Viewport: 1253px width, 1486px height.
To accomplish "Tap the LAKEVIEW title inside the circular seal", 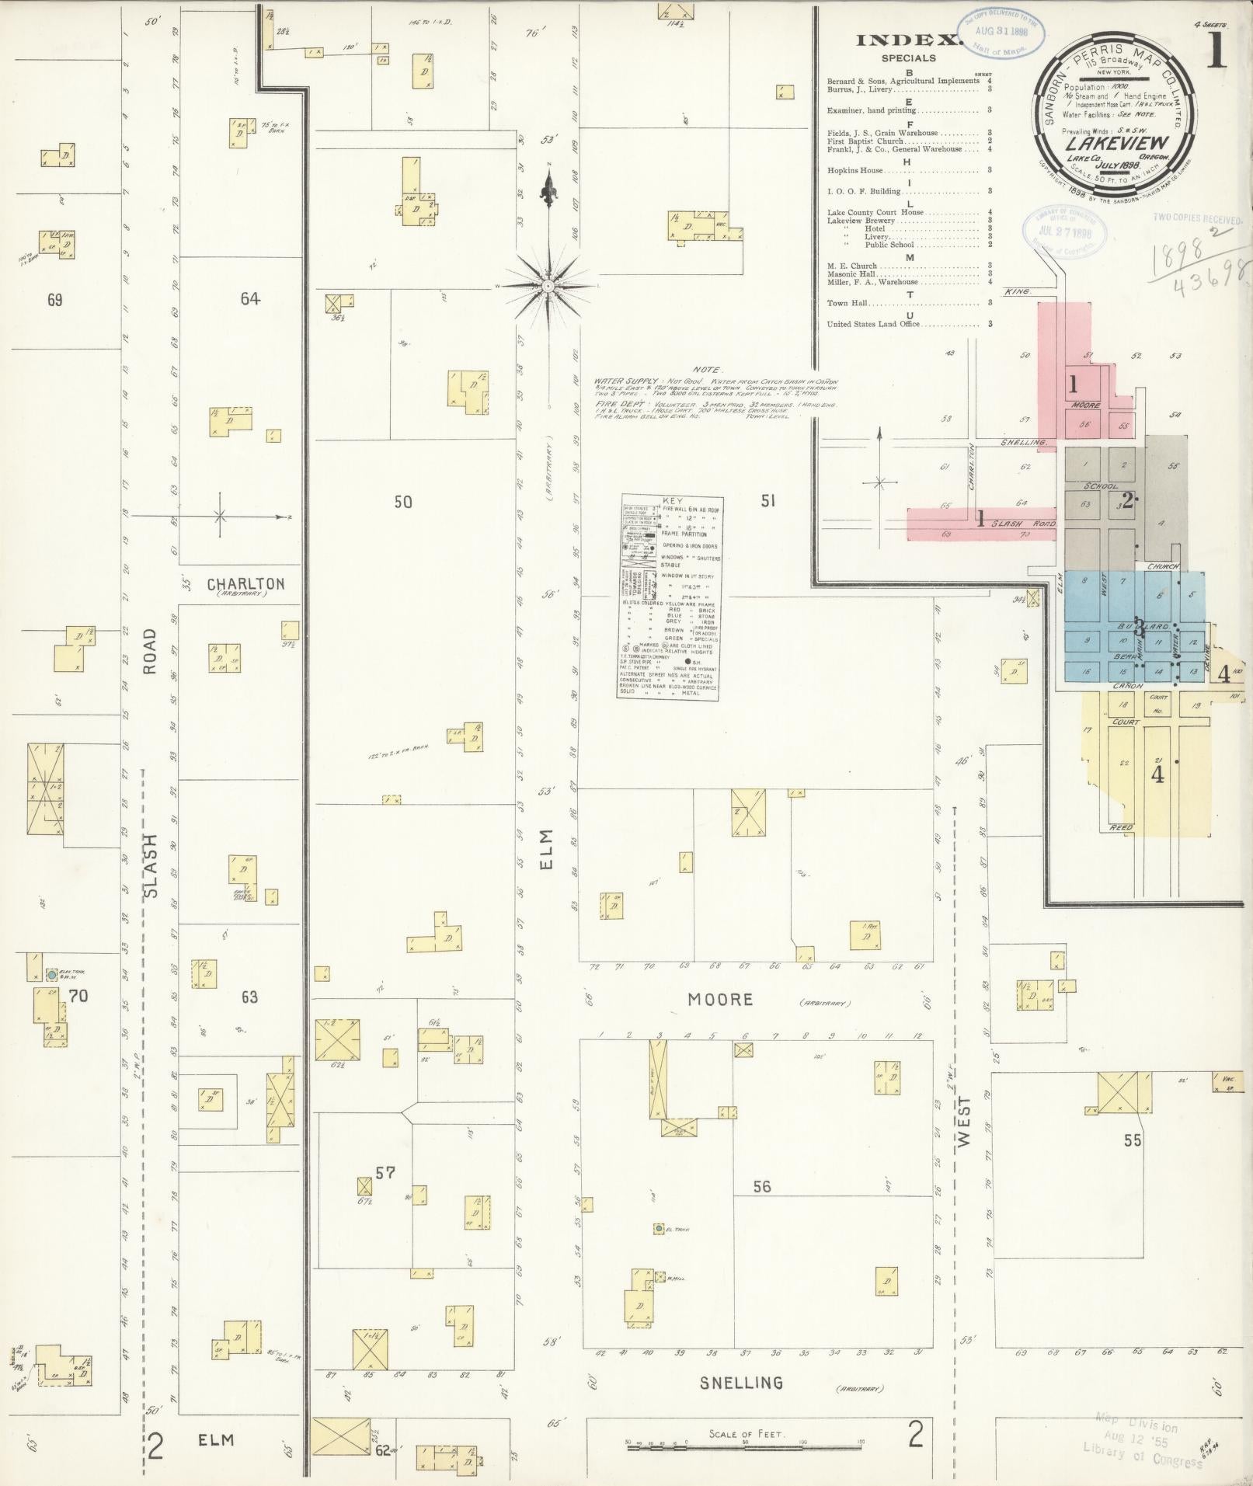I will [x=1112, y=143].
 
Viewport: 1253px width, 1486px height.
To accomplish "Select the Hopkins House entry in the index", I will [x=854, y=170].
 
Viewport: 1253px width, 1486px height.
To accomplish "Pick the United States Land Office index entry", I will [x=873, y=325].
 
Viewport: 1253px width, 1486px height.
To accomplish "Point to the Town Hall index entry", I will [x=848, y=304].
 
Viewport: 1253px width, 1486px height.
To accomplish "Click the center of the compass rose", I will [x=548, y=286].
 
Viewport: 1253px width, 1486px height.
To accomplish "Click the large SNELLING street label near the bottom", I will [x=741, y=1383].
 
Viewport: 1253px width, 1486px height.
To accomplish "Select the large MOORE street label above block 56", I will [x=720, y=999].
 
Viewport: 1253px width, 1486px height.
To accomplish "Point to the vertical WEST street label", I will [x=964, y=1122].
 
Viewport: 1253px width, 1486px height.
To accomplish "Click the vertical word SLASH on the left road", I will [x=150, y=866].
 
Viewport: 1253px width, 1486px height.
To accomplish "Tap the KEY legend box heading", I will [x=670, y=502].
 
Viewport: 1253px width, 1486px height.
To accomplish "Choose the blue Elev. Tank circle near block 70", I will [x=51, y=973].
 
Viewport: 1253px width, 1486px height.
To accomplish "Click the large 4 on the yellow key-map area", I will [x=1157, y=774].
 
